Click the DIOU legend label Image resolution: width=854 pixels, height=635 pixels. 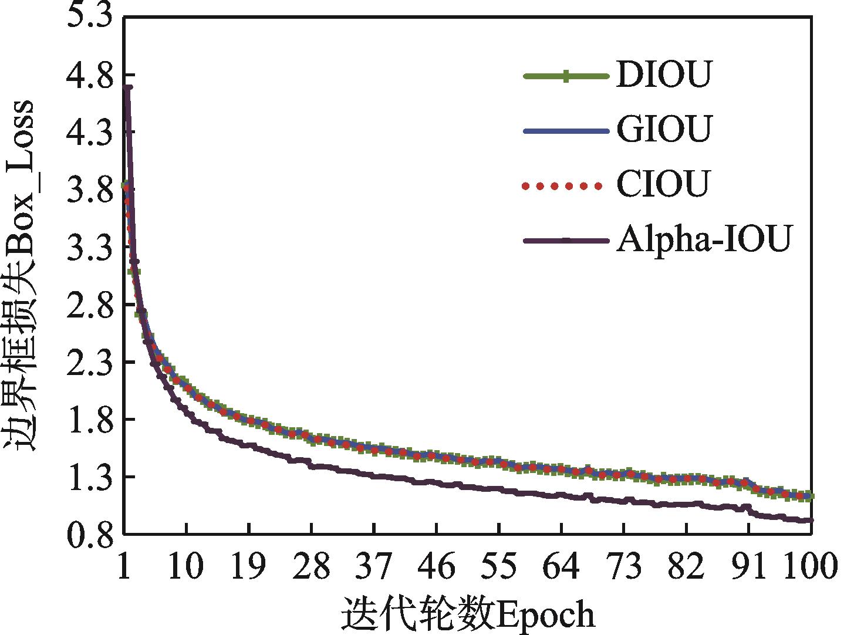pos(663,75)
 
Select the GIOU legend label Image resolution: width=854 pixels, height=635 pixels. pos(663,130)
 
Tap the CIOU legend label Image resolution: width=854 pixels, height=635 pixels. pos(663,184)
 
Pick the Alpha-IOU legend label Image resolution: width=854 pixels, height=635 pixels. pos(704,240)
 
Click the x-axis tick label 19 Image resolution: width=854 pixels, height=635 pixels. pos(249,566)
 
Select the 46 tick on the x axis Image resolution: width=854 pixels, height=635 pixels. pos(436,566)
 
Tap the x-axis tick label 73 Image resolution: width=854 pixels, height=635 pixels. pos(623,566)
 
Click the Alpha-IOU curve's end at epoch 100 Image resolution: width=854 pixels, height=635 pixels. pos(811,520)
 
